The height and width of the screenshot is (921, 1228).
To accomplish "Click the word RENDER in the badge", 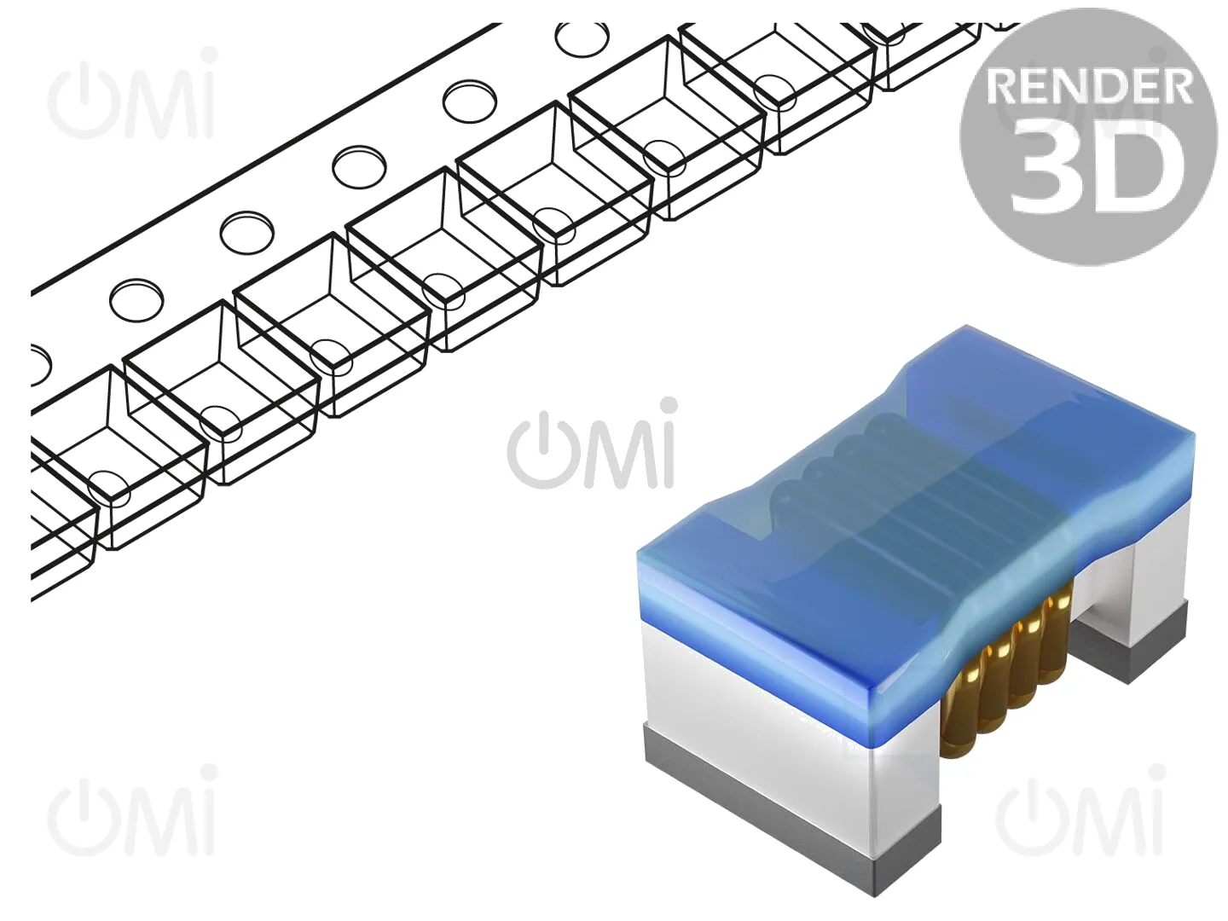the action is [x=1089, y=88].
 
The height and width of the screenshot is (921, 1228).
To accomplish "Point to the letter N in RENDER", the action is [x=1072, y=88].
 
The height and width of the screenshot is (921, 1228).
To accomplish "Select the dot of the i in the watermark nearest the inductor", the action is [x=668, y=408].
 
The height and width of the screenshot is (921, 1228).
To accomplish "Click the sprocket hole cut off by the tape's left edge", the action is [x=40, y=365].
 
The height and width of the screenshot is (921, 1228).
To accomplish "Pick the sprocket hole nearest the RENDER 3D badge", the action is [x=583, y=39].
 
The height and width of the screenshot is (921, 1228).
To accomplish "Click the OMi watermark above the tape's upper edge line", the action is [x=131, y=94].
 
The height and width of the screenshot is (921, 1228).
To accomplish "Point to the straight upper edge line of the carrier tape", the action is [x=266, y=158].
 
